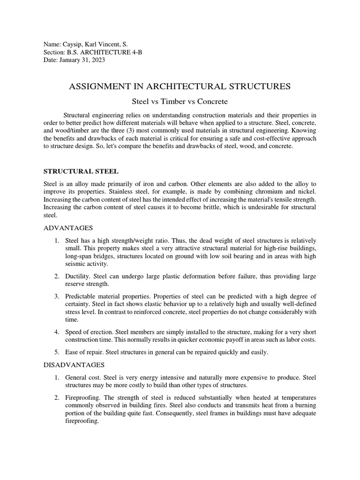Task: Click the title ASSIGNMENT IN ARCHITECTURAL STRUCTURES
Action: (x=180, y=86)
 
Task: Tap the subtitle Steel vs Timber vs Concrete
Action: (x=180, y=101)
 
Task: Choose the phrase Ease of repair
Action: (x=84, y=352)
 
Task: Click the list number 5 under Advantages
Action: (x=56, y=352)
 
